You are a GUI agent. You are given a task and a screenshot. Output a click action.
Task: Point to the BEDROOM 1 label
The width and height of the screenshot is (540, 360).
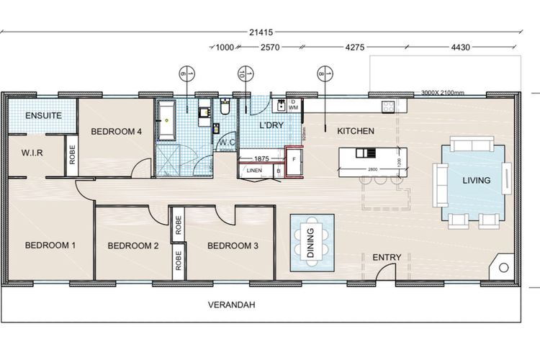[x=50, y=246]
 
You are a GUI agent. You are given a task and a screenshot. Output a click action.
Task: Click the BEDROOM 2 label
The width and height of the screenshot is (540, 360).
[x=133, y=246]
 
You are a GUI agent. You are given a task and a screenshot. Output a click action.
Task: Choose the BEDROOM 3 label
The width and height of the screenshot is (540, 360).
[x=233, y=246]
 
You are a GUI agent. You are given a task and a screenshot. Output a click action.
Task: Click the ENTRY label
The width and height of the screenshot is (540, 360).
[x=386, y=258]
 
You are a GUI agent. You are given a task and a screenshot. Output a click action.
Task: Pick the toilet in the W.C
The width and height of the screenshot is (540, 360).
[x=225, y=109]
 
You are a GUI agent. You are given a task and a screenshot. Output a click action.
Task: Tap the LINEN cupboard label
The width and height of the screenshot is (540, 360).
[x=254, y=171]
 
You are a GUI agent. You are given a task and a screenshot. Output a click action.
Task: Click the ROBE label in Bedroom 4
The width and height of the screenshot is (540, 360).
[x=72, y=157]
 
